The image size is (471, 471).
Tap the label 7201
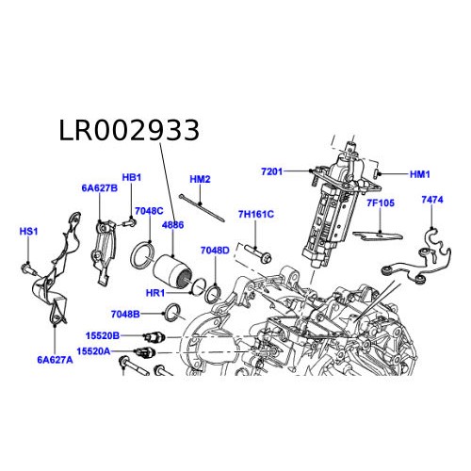272,171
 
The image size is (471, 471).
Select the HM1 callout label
419,174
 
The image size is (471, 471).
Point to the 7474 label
432,200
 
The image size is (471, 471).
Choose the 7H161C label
255,214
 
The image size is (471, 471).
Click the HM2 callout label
200,179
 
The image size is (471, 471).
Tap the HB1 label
132,177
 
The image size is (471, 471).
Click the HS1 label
29,231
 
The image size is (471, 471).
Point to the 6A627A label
56,359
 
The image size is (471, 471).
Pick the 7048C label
149,211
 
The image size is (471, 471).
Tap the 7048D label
215,251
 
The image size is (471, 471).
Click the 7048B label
125,313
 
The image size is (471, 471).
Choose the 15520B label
104,335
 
